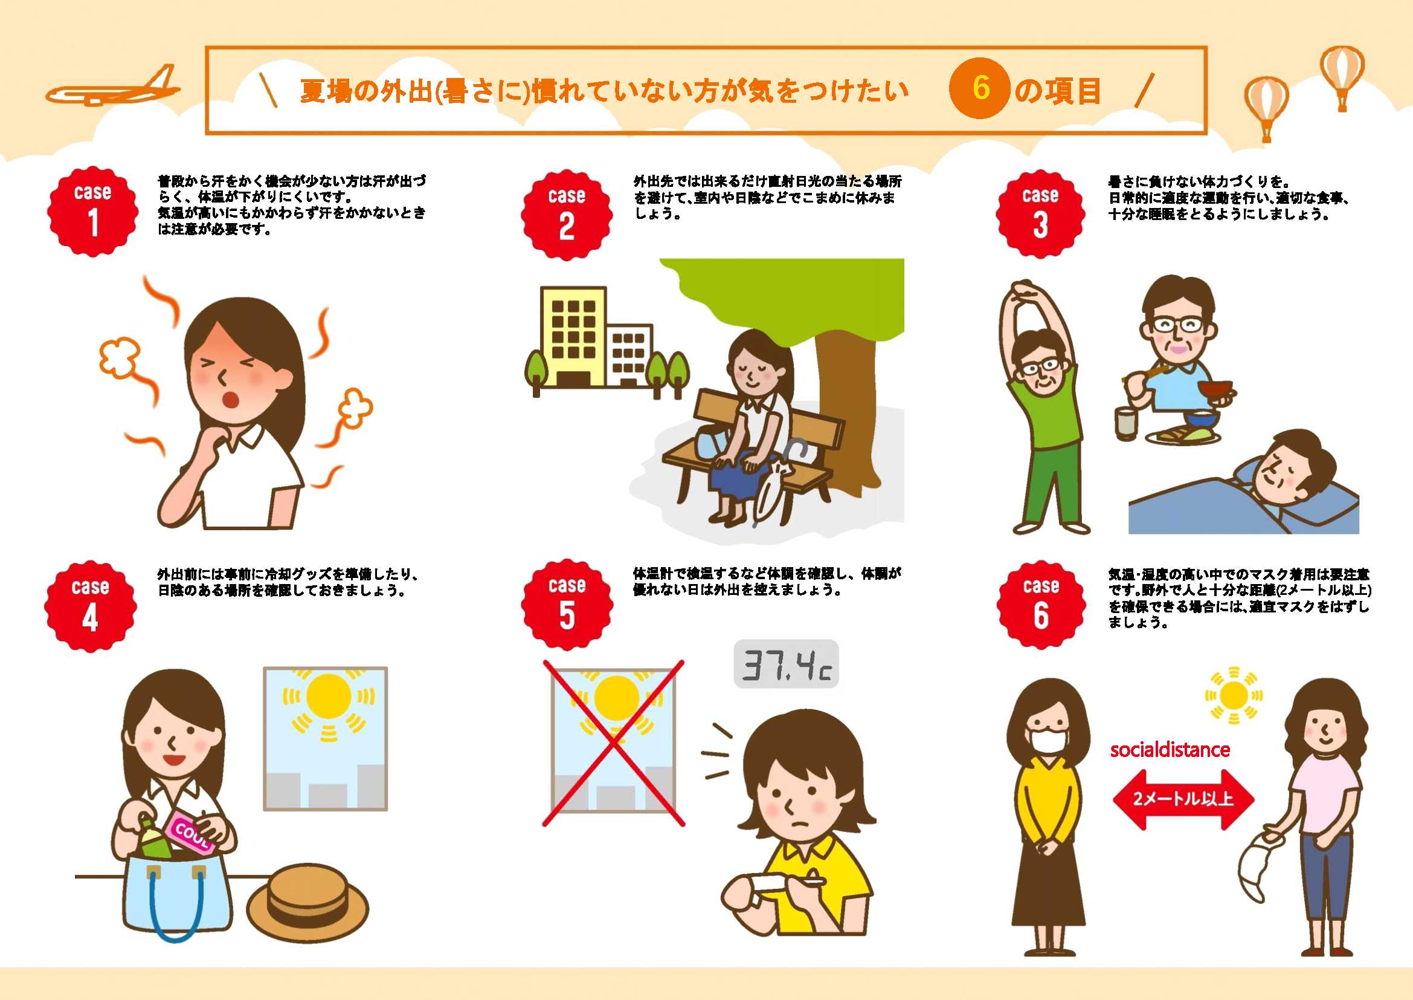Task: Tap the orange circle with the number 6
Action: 980,89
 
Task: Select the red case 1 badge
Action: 93,211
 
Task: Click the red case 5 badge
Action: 567,605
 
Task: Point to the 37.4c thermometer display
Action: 786,664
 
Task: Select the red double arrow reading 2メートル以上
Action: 1183,799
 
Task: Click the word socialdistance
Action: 1170,749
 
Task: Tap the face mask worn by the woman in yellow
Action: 1046,741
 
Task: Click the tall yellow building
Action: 573,337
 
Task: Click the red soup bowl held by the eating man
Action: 1215,392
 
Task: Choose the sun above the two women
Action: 1234,696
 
